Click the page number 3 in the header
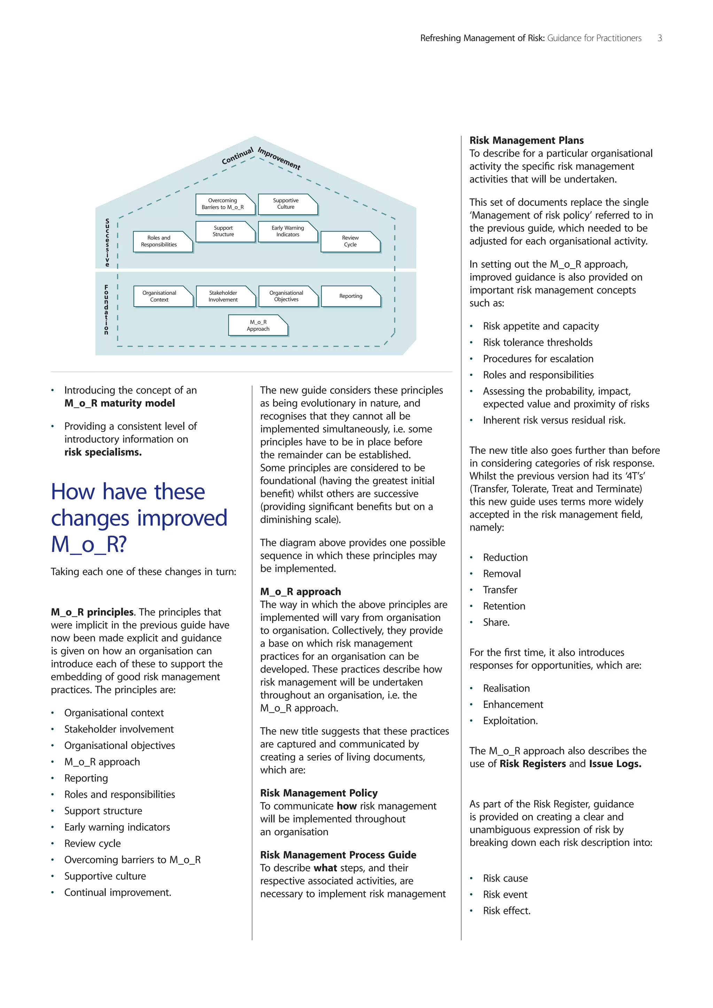click(x=659, y=38)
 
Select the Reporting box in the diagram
click(x=350, y=296)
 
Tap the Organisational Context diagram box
click(x=162, y=296)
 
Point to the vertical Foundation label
click(x=106, y=309)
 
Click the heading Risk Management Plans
click(x=526, y=141)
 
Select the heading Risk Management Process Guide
click(x=338, y=855)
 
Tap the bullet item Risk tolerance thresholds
click(x=538, y=342)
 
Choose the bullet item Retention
click(x=504, y=606)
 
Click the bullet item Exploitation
click(x=510, y=720)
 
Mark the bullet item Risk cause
click(x=506, y=878)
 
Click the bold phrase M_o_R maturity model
click(x=119, y=403)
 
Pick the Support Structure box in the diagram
click(x=224, y=231)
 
